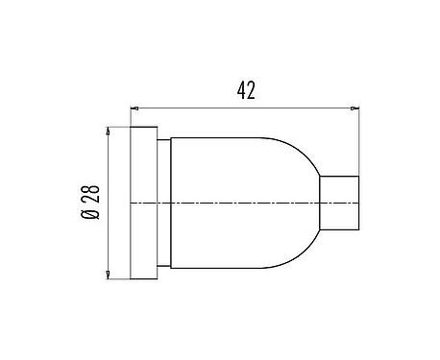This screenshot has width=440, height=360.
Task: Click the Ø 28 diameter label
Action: click(91, 203)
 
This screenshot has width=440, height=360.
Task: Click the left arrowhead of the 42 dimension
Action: click(134, 108)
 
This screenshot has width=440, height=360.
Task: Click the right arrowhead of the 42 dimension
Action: click(354, 108)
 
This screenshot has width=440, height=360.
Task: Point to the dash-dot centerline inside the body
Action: click(240, 203)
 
